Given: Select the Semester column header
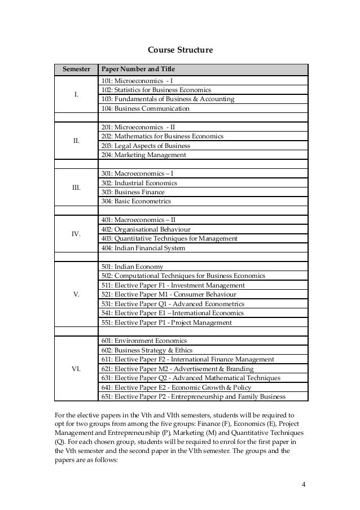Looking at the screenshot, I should coord(76,69).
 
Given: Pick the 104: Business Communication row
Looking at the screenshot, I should coord(145,108).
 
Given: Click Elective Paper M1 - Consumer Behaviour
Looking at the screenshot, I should coord(169,294).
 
